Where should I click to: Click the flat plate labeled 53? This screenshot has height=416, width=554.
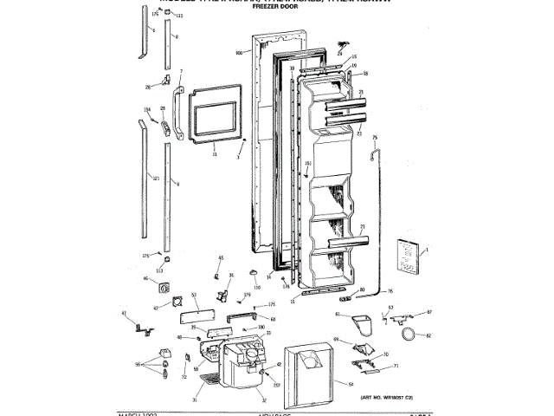pos(197,303)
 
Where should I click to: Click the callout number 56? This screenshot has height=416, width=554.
pos(137,365)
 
